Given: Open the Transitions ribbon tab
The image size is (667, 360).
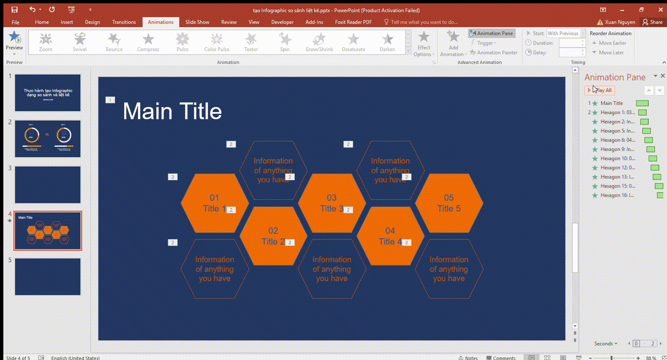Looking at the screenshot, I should click(x=124, y=22).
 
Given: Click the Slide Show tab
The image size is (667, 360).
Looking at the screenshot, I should click(x=197, y=22).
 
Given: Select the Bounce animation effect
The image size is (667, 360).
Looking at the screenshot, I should click(x=114, y=42).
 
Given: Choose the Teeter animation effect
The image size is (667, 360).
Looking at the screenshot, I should click(x=251, y=42).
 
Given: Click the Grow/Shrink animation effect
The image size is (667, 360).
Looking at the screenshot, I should click(x=319, y=42).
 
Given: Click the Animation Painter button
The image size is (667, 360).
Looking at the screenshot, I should click(x=494, y=52).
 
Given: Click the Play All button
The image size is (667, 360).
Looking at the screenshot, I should click(x=600, y=90).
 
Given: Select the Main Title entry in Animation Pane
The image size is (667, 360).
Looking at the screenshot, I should click(x=612, y=103).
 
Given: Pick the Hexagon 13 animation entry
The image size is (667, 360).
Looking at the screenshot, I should click(x=617, y=177).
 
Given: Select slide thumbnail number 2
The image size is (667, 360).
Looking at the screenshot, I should click(x=48, y=139).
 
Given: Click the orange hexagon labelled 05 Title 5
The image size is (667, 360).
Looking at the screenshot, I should click(x=449, y=203).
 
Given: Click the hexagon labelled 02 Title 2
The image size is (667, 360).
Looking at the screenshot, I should click(x=273, y=236).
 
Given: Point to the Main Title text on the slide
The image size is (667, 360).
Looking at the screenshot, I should click(x=172, y=111).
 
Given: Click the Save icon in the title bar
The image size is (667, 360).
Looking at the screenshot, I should click(x=15, y=10).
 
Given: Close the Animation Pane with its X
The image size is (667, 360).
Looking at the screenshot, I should click(x=663, y=76).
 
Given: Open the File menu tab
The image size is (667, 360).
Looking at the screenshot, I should click(x=15, y=22).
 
